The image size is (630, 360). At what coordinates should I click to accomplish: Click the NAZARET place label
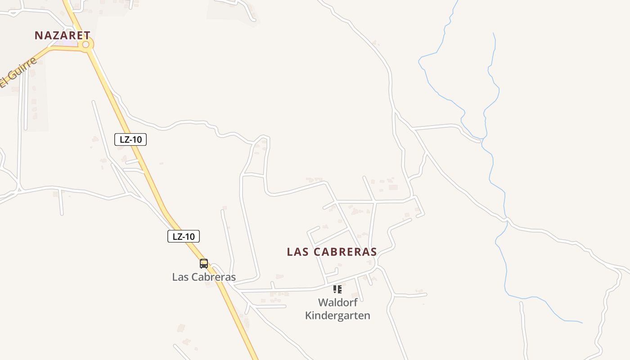coord(63,35)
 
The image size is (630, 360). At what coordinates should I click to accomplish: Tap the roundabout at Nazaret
coord(86,45)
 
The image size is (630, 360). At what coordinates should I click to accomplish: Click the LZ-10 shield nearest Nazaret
coord(130,139)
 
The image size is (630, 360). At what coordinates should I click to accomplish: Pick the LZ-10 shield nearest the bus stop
coord(184,236)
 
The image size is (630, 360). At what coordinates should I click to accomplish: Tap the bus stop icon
coord(204,264)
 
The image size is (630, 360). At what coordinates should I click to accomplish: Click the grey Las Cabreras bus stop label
coord(204,277)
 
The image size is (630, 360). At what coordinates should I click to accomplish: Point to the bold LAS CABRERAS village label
coord(332,252)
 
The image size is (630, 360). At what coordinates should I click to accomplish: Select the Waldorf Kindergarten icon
coord(337,289)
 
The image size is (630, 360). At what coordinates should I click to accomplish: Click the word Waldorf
coord(337,302)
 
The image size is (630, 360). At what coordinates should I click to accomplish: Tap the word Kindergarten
coord(337,315)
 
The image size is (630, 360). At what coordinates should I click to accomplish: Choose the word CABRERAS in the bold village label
coord(345,252)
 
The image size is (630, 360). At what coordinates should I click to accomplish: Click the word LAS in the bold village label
coord(297,252)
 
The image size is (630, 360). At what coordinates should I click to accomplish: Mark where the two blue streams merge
coord(483,139)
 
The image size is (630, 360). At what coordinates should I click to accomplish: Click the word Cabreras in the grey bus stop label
coord(214,277)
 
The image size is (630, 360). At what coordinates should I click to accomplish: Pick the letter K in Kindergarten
coord(309,315)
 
